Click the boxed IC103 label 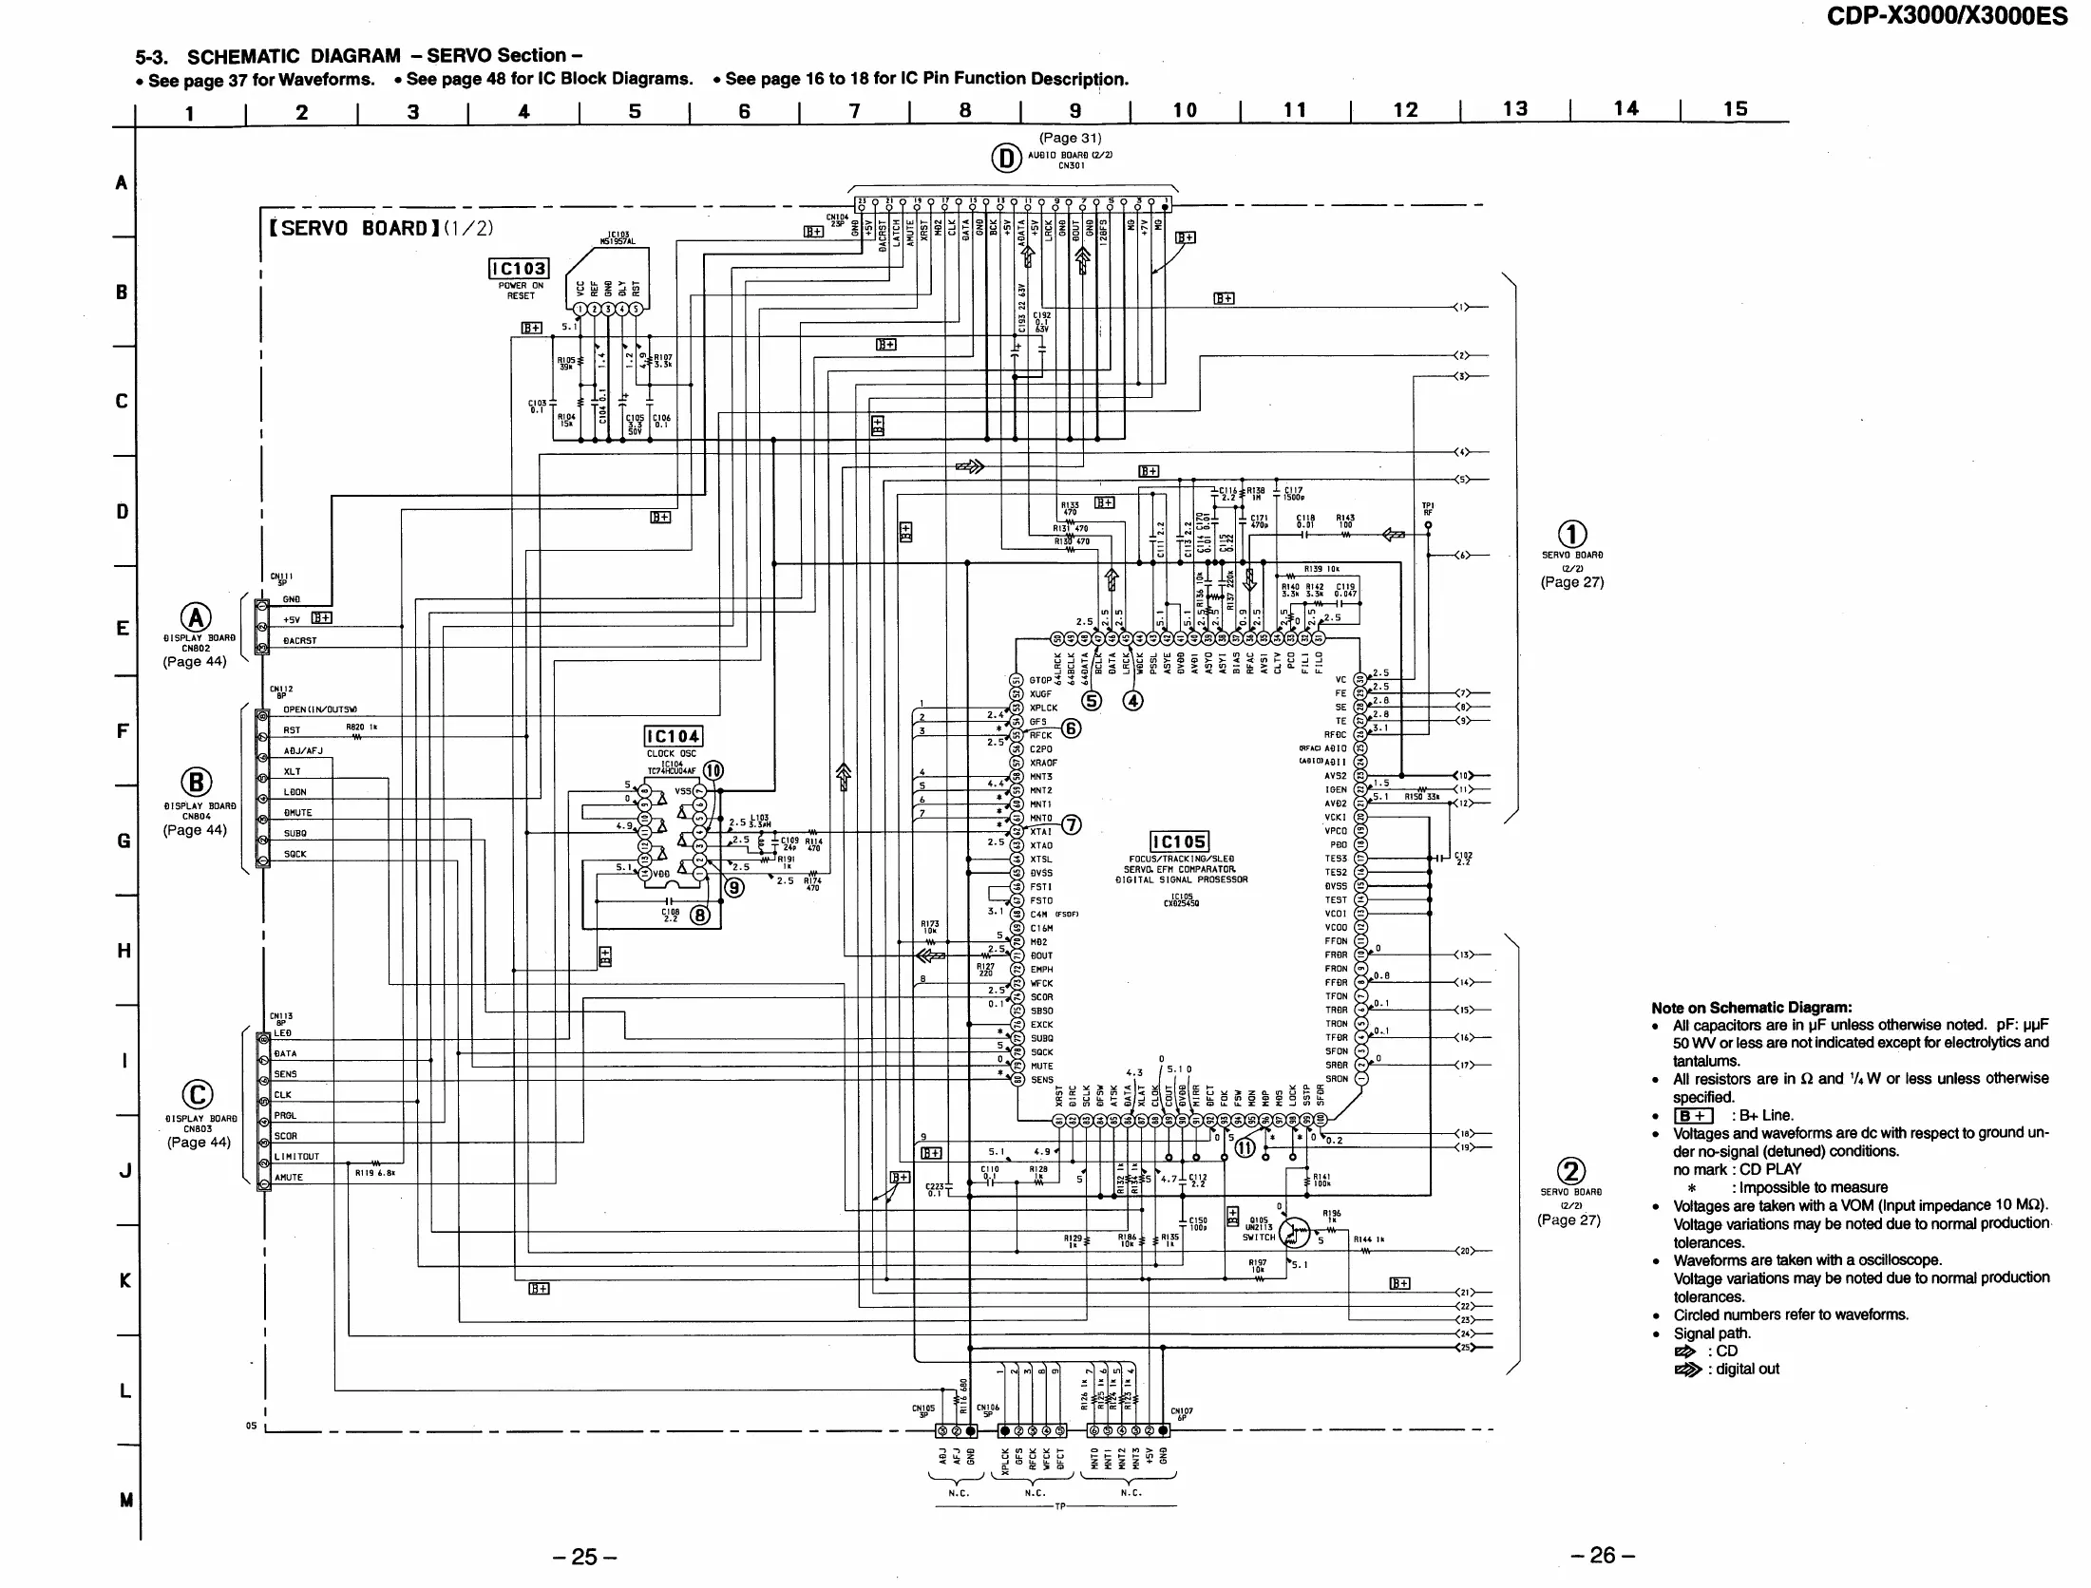point(518,269)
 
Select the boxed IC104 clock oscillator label point(673,736)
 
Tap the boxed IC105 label point(1179,841)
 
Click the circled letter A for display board point(196,617)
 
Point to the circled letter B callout point(196,782)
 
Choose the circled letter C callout point(197,1095)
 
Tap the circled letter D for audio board point(1007,159)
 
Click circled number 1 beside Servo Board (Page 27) point(1572,535)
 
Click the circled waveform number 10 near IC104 point(713,770)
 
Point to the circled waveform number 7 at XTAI point(1071,824)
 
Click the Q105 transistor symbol point(1294,1234)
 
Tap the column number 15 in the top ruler point(1735,109)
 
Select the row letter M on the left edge point(125,1501)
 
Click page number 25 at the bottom point(584,1557)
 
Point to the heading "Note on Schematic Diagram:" point(1751,1008)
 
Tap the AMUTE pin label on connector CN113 point(289,1178)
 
